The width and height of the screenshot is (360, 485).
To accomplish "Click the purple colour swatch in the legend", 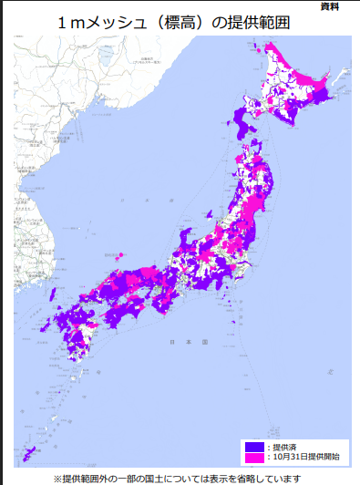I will [x=253, y=446].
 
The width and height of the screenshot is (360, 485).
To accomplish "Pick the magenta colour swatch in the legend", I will [x=253, y=456].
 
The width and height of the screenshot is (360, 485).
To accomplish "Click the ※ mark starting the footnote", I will [x=57, y=477].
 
